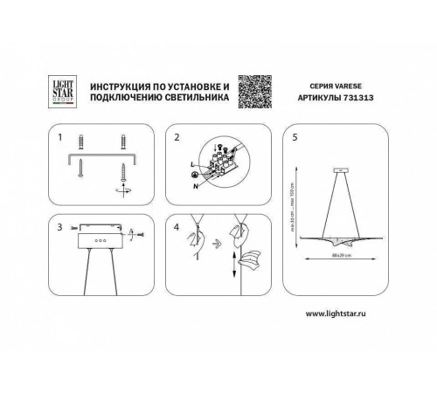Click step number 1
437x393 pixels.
tap(59, 138)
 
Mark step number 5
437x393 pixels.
tap(295, 138)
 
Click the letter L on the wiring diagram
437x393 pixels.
tap(191, 164)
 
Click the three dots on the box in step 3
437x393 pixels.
tap(96, 238)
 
